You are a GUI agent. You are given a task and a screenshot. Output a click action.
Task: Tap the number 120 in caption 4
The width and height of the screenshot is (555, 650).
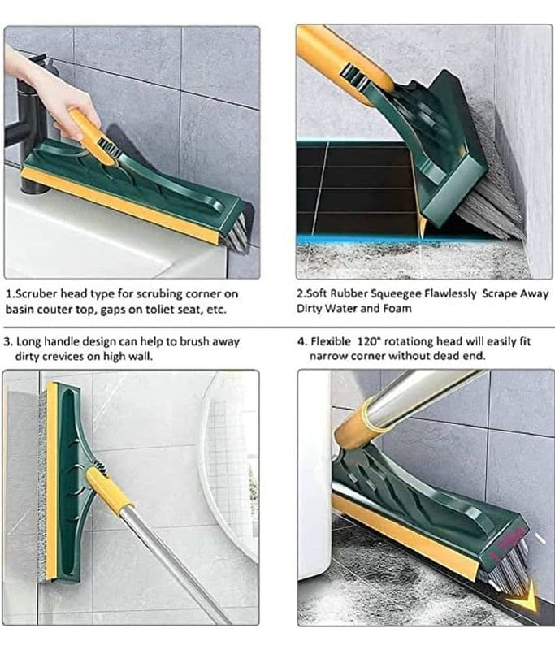366,341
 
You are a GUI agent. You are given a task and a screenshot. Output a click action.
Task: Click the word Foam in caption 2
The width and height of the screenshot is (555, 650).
398,309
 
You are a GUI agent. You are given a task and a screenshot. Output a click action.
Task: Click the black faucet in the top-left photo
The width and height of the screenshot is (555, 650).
30,124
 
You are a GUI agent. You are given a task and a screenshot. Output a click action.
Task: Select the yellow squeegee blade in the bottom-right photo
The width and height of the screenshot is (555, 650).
406,535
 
